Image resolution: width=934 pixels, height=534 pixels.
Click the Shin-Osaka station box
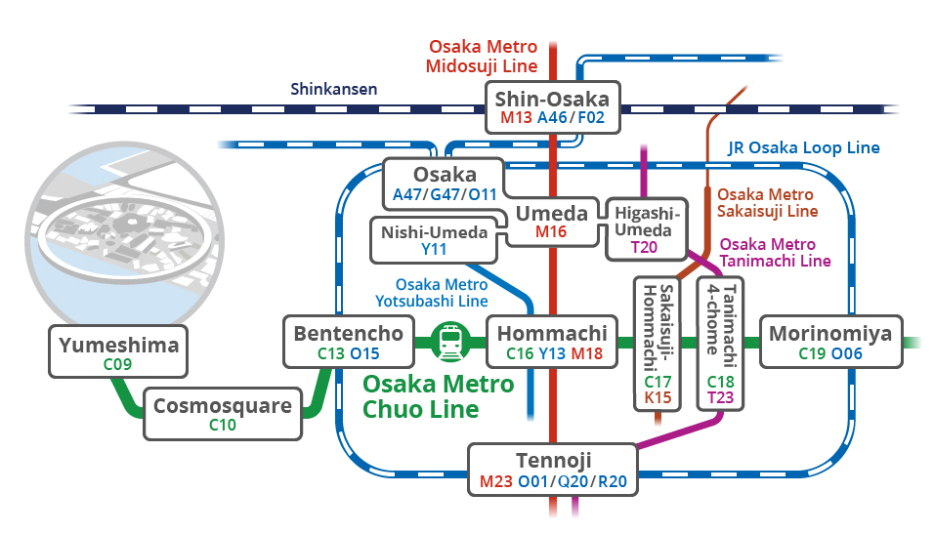pyautogui.click(x=553, y=107)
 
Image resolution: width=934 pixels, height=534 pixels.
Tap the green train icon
pyautogui.click(x=451, y=343)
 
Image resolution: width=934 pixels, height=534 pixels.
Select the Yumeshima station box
pyautogui.click(x=118, y=351)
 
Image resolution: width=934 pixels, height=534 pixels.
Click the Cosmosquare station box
pyautogui.click(x=223, y=414)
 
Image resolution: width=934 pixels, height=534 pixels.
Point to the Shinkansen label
pyautogui.click(x=333, y=89)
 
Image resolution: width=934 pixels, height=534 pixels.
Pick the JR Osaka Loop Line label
pyautogui.click(x=803, y=147)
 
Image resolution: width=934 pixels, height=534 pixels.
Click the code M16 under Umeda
pyautogui.click(x=551, y=231)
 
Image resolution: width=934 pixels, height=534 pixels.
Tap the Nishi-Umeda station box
pyautogui.click(x=434, y=240)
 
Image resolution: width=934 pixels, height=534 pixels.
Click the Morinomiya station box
pyautogui.click(x=831, y=342)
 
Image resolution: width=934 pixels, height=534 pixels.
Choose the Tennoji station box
pyautogui.click(x=553, y=470)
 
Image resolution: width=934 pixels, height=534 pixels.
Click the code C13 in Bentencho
pyautogui.click(x=330, y=353)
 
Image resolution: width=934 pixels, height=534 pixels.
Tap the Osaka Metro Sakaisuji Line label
pyautogui.click(x=767, y=203)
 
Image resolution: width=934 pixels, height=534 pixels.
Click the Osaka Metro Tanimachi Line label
pyautogui.click(x=775, y=253)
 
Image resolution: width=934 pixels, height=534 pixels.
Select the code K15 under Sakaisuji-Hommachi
pyautogui.click(x=658, y=397)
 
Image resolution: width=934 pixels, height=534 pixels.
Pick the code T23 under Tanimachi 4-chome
pyautogui.click(x=720, y=397)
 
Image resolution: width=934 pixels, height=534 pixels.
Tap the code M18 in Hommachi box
pyautogui.click(x=587, y=353)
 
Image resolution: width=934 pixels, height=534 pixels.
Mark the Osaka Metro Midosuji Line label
pyautogui.click(x=483, y=57)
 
